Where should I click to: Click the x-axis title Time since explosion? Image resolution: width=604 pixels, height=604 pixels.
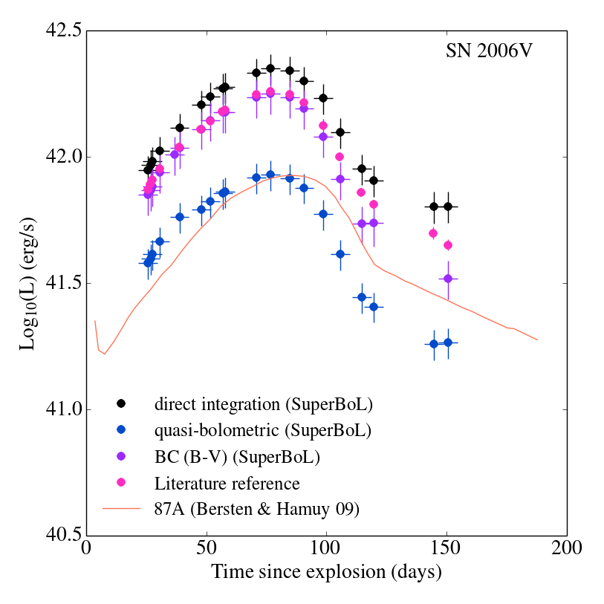point(326,573)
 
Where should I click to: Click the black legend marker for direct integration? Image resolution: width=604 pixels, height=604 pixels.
point(121,403)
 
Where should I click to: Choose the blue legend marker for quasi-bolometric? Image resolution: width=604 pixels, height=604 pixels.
point(121,430)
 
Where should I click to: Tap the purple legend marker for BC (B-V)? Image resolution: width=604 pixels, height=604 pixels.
point(121,457)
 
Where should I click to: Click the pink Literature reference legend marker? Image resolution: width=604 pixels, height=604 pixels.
point(121,483)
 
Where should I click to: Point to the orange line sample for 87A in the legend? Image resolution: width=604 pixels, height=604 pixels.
point(121,510)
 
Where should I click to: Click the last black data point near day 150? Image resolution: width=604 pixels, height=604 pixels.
point(448,207)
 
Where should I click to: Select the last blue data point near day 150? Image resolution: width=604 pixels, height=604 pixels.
point(448,342)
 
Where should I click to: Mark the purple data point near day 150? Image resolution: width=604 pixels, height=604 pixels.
point(448,278)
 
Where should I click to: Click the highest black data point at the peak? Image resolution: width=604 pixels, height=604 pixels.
point(270,68)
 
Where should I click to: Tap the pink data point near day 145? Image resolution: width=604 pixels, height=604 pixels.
point(433,233)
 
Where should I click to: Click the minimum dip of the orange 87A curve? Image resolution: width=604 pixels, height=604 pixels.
point(104,354)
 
